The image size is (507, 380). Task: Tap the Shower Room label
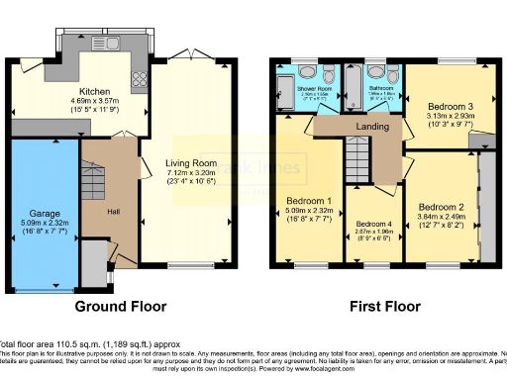(315, 88)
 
